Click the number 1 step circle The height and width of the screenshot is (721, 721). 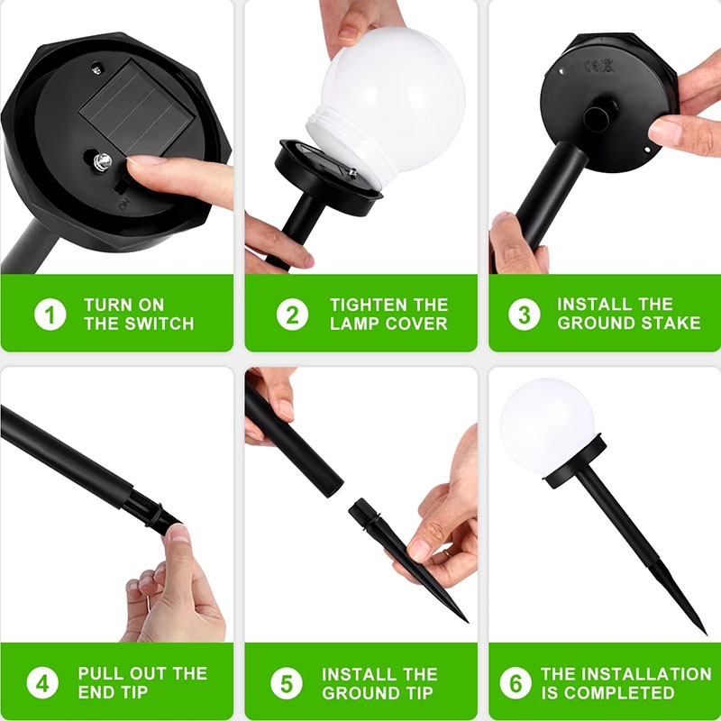(50, 314)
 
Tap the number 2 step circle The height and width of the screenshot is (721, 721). (292, 314)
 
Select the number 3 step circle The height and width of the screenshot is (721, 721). (524, 314)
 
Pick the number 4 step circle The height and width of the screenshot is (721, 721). (41, 682)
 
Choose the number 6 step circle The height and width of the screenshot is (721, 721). (516, 682)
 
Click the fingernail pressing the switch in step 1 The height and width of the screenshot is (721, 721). (142, 163)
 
